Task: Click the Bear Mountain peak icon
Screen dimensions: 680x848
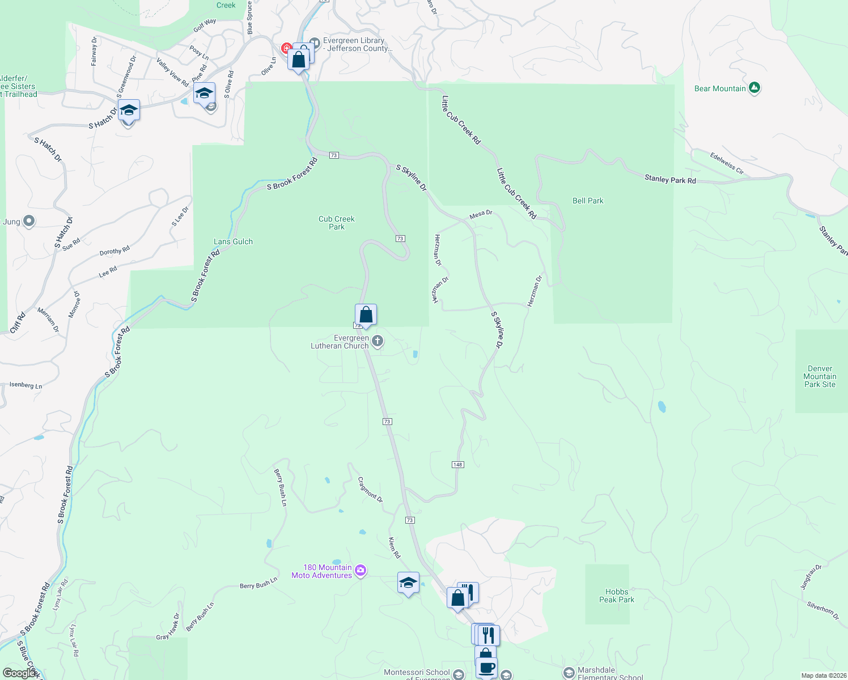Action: coord(754,88)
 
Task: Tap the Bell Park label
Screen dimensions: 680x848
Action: coord(588,201)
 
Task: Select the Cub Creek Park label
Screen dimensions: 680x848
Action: coord(336,223)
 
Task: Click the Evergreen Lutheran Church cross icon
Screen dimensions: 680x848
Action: coord(378,341)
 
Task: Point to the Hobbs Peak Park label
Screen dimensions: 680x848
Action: coord(617,596)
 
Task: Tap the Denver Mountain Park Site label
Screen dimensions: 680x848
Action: coord(820,376)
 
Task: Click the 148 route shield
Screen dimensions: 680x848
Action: coord(458,465)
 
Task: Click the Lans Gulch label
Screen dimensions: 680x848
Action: coord(233,241)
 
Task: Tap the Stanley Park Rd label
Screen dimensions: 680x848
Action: coord(670,180)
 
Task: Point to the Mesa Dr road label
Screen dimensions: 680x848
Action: coord(481,214)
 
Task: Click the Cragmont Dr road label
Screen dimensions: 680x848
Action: coord(370,489)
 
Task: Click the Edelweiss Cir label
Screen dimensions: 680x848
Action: coord(726,163)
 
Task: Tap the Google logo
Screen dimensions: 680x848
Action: coord(19,673)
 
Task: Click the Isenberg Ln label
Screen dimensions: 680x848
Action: coord(26,385)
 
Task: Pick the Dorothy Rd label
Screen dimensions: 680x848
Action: coord(115,251)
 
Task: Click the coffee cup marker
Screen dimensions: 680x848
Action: coord(486,667)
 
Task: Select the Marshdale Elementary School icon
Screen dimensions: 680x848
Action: coord(569,673)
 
